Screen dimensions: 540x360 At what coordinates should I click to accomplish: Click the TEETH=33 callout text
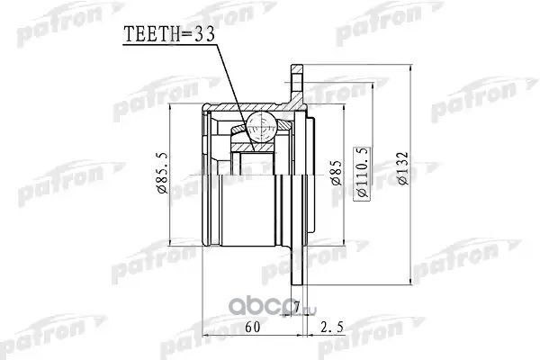click(169, 34)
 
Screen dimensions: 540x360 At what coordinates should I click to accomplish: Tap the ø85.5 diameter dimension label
click(162, 172)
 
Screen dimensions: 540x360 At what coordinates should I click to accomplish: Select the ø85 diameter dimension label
click(336, 173)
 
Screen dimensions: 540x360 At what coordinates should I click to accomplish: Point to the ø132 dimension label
click(402, 169)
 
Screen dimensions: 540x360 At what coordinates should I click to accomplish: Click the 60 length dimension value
click(252, 327)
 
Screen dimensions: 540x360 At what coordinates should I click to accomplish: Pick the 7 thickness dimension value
click(296, 306)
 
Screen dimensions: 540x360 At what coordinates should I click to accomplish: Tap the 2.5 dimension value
click(331, 327)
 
